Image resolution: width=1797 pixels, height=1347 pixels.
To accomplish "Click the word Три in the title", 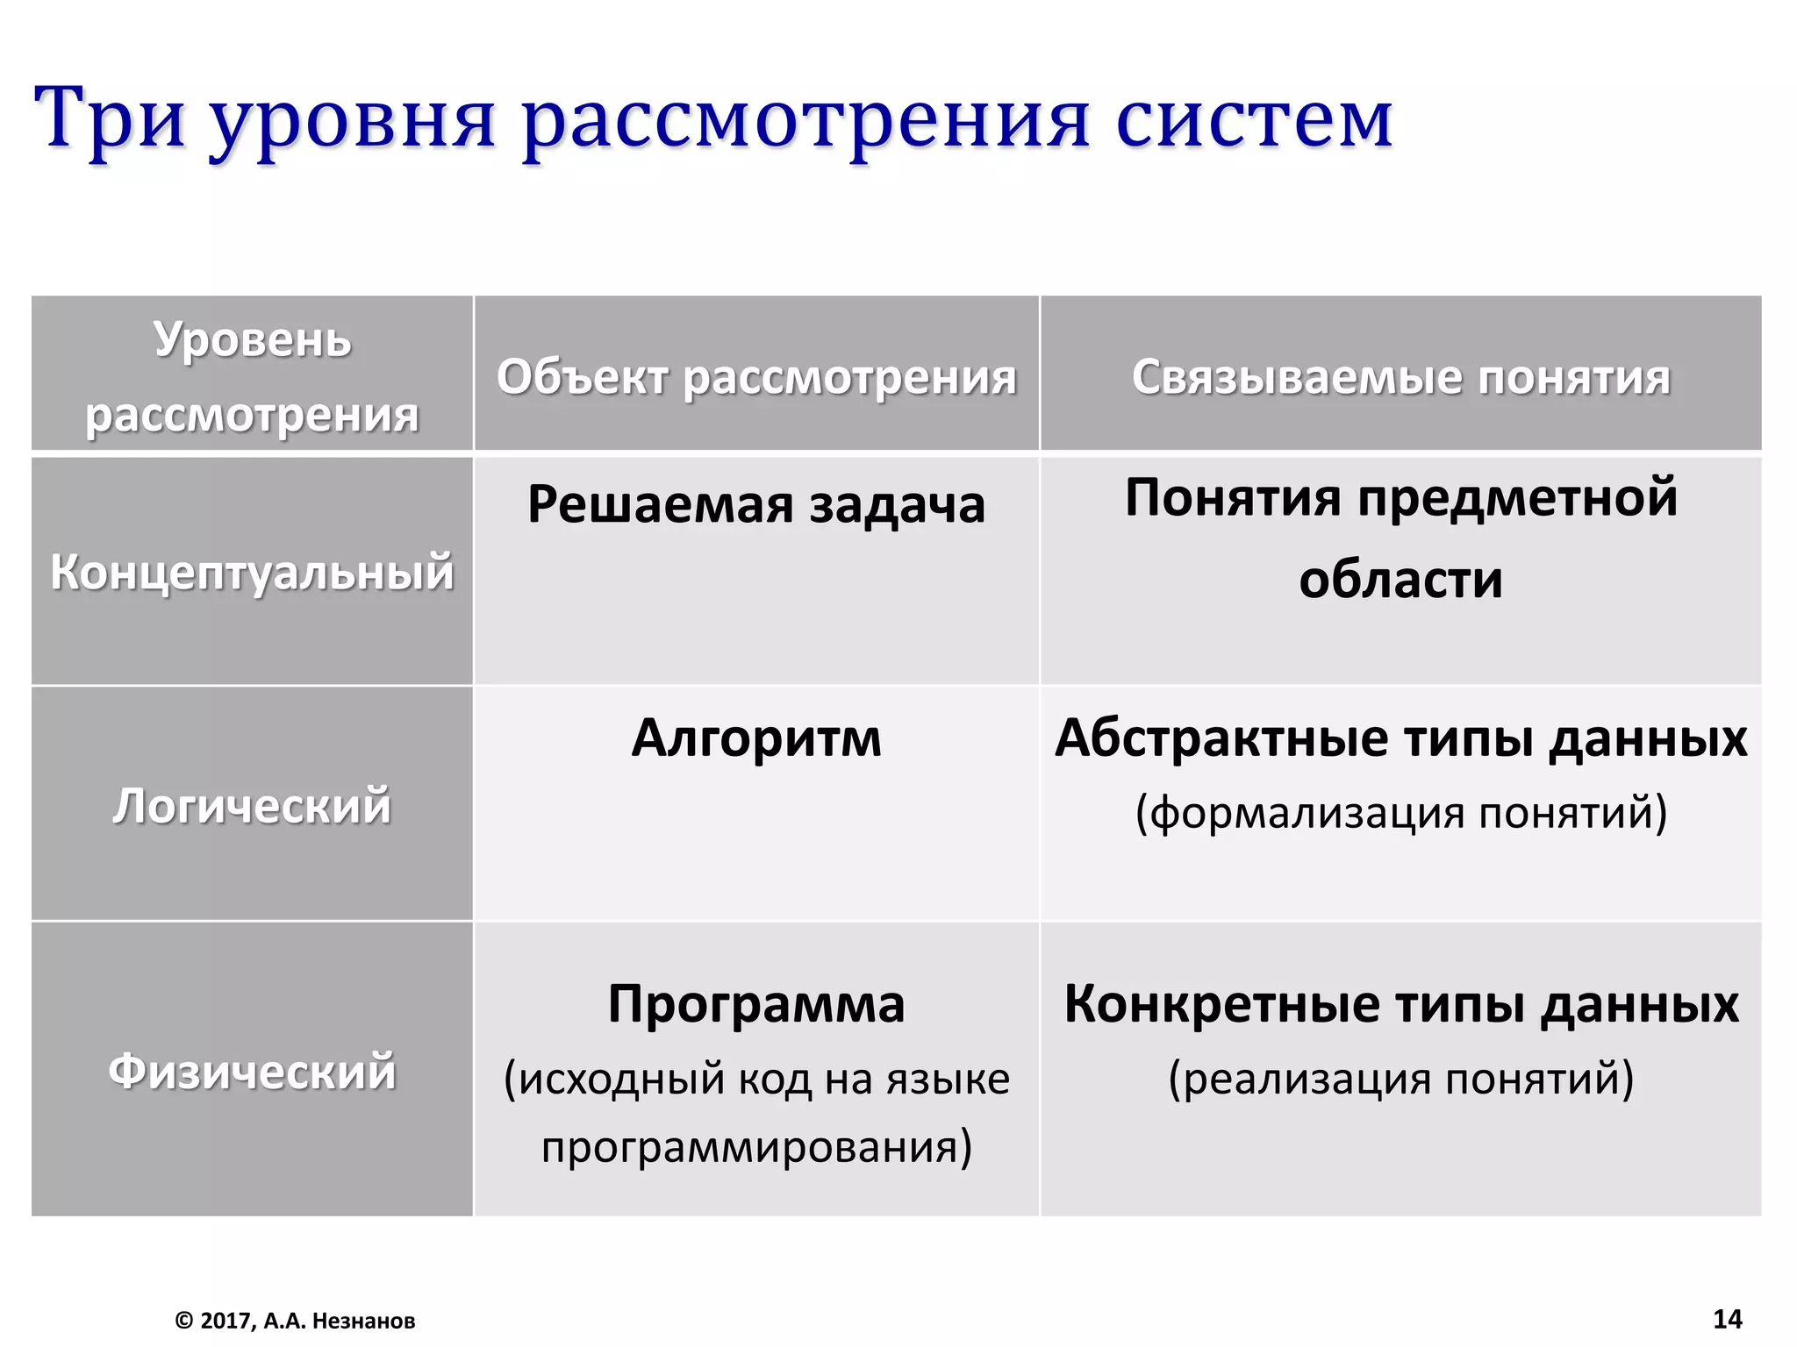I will pos(109,118).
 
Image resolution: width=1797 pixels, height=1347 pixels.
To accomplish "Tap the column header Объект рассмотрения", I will pos(756,377).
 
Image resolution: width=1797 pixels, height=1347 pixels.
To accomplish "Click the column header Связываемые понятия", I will pos(1400,377).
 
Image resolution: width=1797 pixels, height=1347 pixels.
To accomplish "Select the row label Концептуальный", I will pos(253,572).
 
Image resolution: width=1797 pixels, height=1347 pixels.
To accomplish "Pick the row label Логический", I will pos(253,805).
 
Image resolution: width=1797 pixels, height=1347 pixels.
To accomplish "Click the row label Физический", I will pos(253,1071).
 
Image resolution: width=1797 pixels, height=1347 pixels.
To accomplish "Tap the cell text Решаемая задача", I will pos(756,504).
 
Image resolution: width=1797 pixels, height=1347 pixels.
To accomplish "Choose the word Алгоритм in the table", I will pos(756,738).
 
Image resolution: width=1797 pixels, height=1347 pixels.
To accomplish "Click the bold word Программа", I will pos(756,1003).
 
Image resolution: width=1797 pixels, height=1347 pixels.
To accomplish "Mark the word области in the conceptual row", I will pos(1400,580).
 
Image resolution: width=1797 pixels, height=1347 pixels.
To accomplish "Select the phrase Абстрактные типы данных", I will pos(1400,738).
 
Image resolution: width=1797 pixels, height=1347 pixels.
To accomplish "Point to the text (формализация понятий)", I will pos(1400,812).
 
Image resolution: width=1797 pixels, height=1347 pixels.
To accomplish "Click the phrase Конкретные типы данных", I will pos(1400,1003).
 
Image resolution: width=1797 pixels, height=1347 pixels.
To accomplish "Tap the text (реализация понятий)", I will pos(1400,1079).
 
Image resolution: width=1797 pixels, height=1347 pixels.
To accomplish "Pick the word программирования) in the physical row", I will pos(756,1147).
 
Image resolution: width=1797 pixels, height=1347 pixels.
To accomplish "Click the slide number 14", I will pos(1727,1319).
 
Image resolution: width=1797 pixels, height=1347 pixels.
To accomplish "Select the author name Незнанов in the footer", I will pos(363,1321).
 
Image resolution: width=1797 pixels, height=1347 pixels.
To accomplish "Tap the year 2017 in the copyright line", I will pos(224,1321).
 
